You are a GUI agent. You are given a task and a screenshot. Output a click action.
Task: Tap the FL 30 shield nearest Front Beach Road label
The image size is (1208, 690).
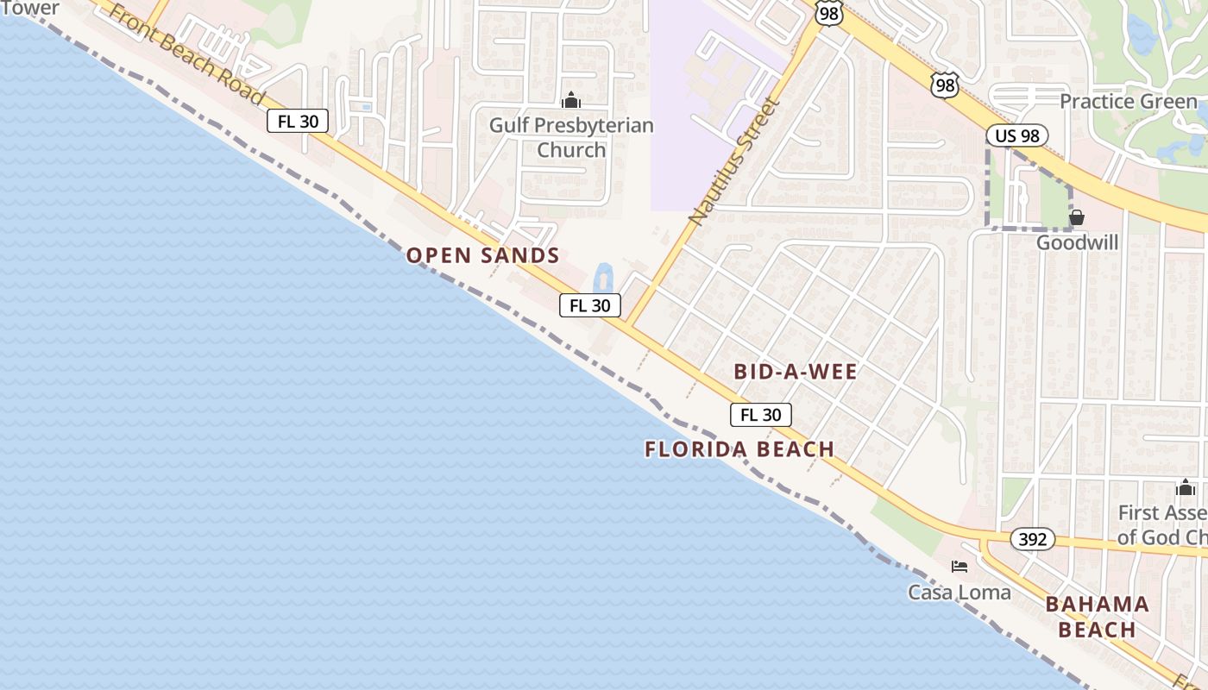point(298,122)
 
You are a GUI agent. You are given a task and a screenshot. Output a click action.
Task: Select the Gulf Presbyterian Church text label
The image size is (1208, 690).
point(571,138)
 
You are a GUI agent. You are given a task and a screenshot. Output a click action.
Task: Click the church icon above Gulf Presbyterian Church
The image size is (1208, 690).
point(571,101)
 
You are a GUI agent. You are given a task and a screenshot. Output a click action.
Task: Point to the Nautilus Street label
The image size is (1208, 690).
point(735,161)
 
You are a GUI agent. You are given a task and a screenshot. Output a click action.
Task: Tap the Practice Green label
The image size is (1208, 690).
point(1129,102)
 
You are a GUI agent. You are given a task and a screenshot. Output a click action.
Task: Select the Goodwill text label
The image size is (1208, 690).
point(1077,242)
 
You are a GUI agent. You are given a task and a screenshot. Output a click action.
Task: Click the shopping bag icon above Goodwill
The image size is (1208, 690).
point(1077,217)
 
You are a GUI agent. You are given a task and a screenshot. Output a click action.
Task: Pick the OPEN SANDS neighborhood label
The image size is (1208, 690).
point(483,255)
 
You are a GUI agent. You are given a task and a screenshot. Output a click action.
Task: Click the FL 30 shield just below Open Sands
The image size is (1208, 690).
point(590,305)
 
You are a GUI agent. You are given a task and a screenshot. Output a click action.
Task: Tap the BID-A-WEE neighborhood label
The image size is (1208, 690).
point(796,372)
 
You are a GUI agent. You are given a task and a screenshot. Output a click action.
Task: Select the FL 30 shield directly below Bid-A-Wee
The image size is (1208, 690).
point(761,415)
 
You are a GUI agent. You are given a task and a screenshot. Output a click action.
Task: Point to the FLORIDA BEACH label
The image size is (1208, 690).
point(739,449)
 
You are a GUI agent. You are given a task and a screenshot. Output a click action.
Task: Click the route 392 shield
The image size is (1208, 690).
point(1032,540)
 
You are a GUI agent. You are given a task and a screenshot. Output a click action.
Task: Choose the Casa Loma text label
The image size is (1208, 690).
point(959,593)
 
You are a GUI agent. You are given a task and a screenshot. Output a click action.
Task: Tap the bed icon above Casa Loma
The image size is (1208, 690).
point(959,567)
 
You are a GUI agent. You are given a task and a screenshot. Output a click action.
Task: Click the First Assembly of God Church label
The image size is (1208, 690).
point(1163,524)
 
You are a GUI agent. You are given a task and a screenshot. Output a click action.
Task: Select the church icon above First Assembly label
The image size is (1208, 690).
point(1186,488)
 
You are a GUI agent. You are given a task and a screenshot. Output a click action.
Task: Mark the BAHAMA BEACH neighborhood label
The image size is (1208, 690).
point(1097,617)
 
